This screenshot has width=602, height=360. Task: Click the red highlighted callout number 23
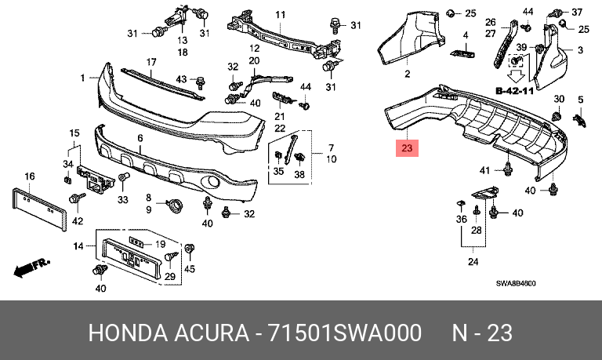[x=407, y=148]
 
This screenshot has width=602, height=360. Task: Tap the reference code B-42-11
[x=515, y=91]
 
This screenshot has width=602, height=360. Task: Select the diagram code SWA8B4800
[x=516, y=284]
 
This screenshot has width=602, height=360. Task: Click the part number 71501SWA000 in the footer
[x=344, y=333]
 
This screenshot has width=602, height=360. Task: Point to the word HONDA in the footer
[x=129, y=333]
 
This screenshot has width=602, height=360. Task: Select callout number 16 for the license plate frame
[x=30, y=176]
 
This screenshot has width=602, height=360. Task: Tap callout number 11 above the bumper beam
[x=281, y=15]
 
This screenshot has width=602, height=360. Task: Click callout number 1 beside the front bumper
[x=82, y=78]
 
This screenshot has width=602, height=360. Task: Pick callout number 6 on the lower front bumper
[x=140, y=138]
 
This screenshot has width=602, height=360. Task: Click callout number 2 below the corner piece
[x=408, y=74]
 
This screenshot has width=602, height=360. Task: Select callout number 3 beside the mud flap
[x=580, y=50]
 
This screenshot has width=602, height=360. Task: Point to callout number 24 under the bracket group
[x=473, y=262]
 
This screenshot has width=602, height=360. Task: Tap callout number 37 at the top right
[x=577, y=13]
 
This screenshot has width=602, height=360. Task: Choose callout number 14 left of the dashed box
[x=78, y=246]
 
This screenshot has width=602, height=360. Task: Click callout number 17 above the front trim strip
[x=151, y=62]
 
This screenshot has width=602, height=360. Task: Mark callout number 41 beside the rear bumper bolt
[x=485, y=170]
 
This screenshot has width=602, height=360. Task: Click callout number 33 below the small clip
[x=122, y=199]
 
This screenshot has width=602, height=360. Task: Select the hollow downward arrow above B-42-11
[x=517, y=76]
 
